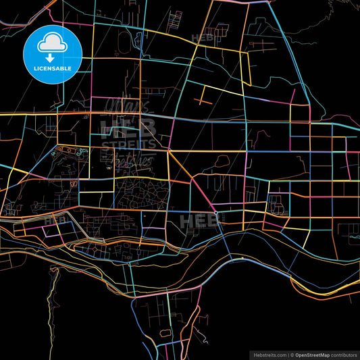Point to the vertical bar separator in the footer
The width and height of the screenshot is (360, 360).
[287, 354]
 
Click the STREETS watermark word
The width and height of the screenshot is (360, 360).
[128, 143]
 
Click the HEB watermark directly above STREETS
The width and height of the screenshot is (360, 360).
[128, 126]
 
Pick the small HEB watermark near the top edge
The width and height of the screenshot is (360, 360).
[203, 38]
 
